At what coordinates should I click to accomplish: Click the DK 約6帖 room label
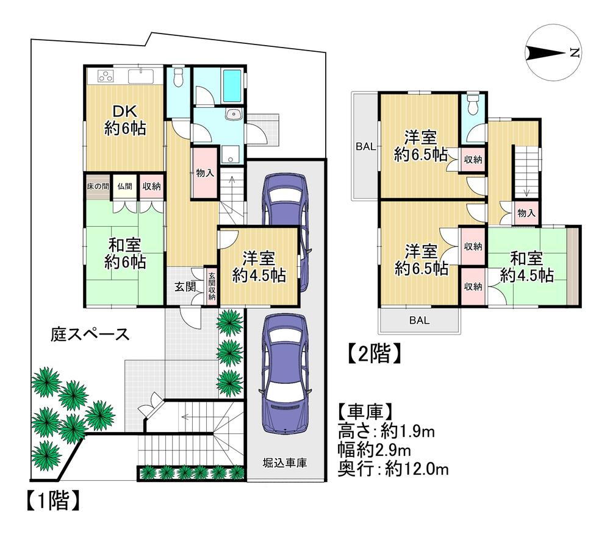click(125, 120)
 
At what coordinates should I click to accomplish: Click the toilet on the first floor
click(178, 77)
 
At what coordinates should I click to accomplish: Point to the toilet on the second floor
click(473, 105)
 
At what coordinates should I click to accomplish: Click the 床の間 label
click(98, 186)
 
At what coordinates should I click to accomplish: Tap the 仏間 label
click(124, 186)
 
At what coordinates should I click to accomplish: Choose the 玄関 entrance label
click(185, 287)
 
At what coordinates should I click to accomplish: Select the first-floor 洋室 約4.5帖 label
click(259, 266)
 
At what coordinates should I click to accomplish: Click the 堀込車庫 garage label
click(285, 462)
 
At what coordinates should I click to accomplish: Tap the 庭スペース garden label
click(90, 334)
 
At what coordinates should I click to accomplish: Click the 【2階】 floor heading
click(373, 353)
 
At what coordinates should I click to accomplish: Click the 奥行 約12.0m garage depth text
click(393, 469)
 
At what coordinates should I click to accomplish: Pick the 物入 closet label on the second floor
click(526, 213)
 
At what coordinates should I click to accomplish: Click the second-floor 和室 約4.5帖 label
click(527, 267)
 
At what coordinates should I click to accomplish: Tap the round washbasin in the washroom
click(234, 114)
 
